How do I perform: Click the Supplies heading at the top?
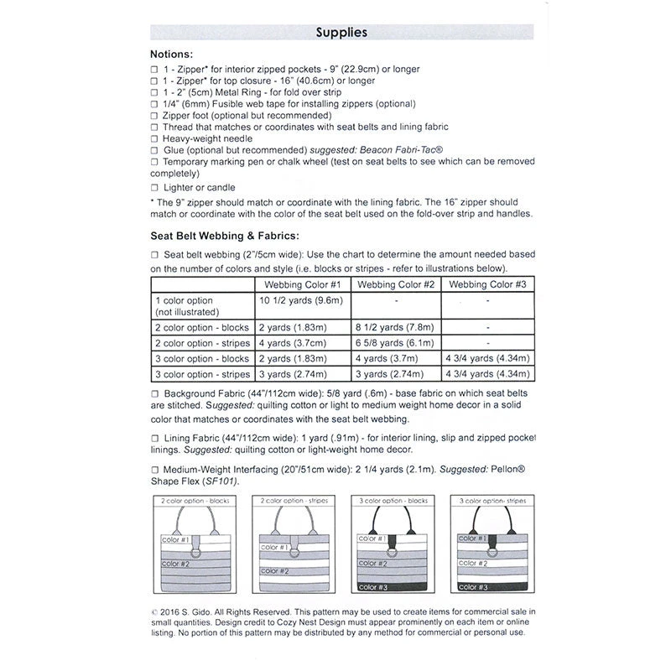[x=341, y=33]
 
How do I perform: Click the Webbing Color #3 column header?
[x=487, y=285]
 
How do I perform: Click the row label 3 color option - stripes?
[x=202, y=374]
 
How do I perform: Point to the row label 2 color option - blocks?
[x=202, y=326]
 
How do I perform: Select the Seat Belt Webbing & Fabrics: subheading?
[x=225, y=237]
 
